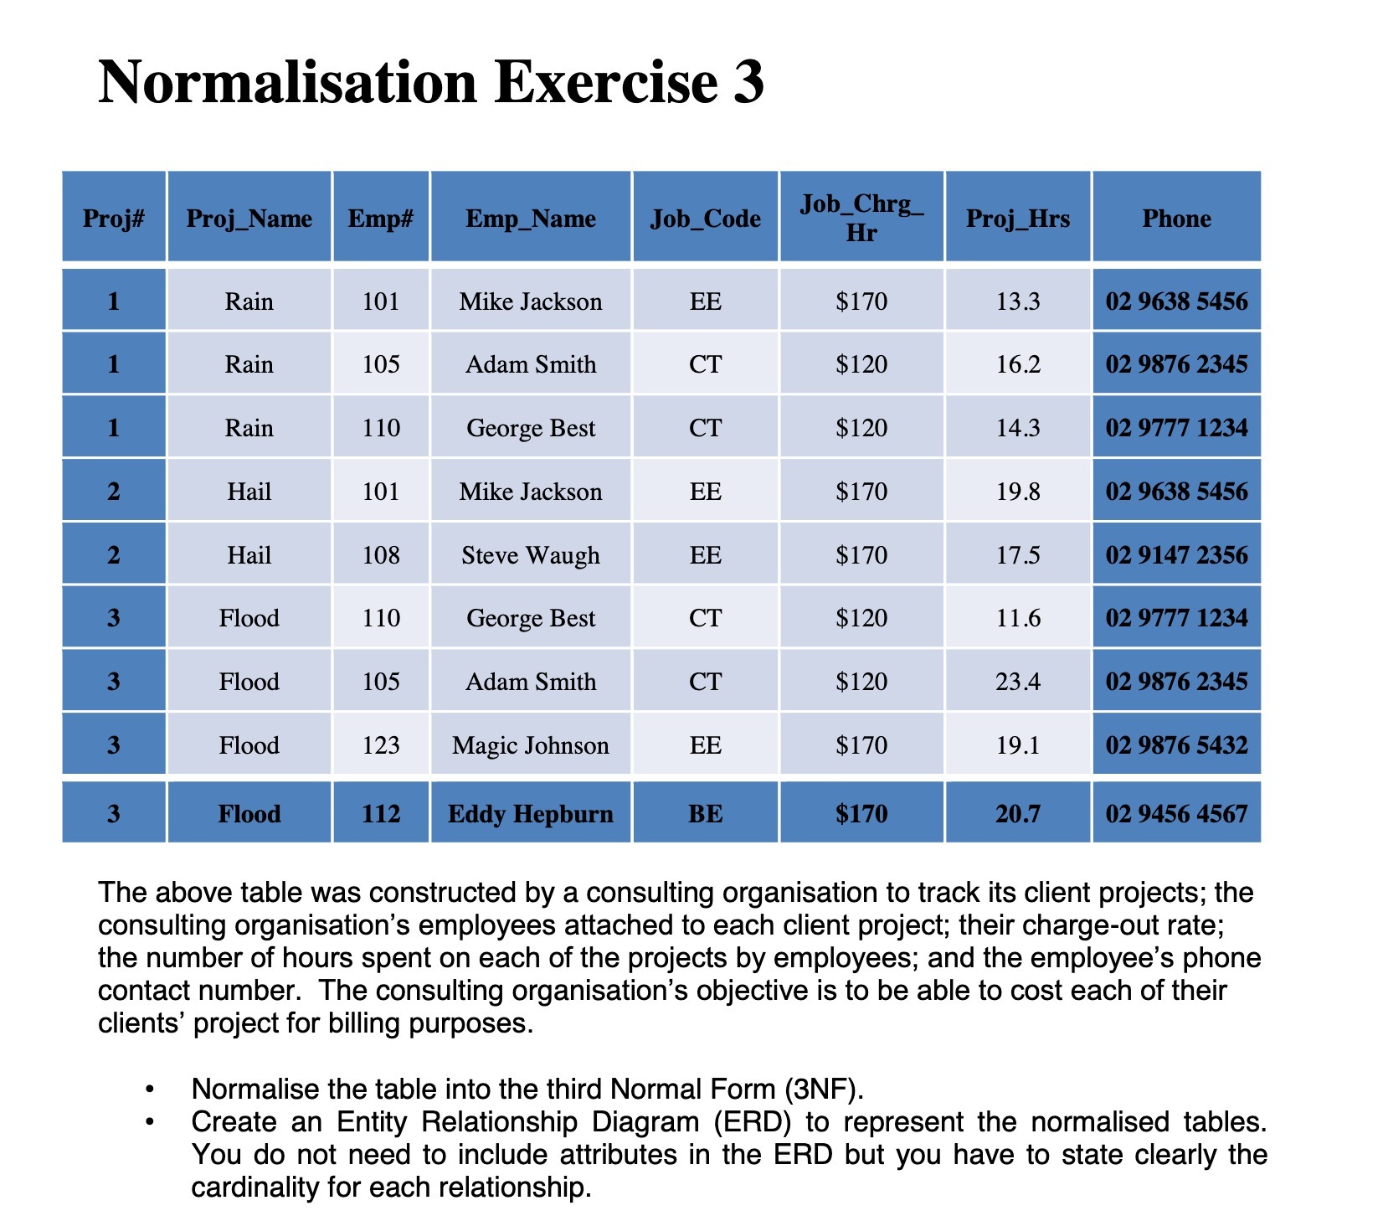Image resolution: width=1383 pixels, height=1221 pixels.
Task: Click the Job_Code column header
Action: [705, 219]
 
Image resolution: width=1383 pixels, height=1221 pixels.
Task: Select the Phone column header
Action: [1176, 219]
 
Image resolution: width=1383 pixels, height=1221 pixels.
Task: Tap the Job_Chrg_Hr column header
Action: [861, 218]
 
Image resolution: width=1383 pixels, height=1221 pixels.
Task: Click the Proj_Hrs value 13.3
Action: [1018, 301]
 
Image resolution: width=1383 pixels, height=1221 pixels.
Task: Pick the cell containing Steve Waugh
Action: [531, 555]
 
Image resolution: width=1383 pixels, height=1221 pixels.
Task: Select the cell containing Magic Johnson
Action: [531, 745]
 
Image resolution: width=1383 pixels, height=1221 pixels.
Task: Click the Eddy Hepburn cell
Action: [531, 814]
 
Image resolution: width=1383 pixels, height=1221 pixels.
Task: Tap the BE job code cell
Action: [705, 814]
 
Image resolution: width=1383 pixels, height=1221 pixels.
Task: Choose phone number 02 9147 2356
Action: [1176, 555]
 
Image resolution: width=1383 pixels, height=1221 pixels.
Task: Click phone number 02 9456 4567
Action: [1176, 814]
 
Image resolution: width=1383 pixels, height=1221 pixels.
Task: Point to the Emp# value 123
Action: [381, 745]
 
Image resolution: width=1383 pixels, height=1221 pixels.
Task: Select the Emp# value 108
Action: [381, 555]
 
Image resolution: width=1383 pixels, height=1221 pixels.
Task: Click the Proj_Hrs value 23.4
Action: [1018, 682]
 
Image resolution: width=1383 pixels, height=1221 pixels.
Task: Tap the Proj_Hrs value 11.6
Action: [1018, 618]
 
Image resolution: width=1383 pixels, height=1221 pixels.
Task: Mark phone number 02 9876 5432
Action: [1176, 745]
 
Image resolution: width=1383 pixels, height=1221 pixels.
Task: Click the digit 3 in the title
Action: [748, 83]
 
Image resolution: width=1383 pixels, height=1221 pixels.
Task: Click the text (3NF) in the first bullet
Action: [822, 1089]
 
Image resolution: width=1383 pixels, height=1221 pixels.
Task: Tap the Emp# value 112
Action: [381, 814]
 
